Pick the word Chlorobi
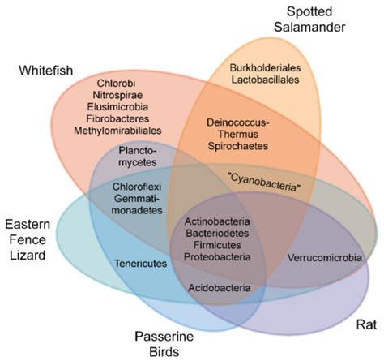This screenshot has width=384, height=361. [x=117, y=84]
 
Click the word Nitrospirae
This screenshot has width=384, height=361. [x=117, y=96]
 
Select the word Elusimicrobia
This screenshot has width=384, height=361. [x=117, y=107]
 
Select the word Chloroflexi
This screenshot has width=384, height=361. [x=135, y=187]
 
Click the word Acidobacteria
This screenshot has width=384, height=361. [x=219, y=287]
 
